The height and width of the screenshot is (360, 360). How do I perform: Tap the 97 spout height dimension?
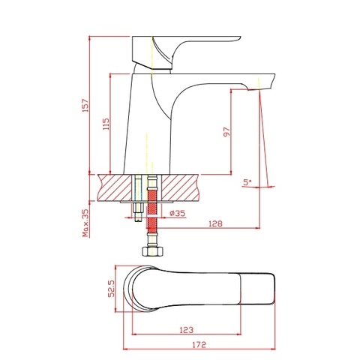[x=225, y=133]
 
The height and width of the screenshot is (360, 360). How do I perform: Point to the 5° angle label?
[x=247, y=182]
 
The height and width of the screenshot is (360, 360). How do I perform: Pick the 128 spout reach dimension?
[x=215, y=222]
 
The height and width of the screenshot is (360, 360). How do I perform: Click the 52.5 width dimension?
[x=112, y=287]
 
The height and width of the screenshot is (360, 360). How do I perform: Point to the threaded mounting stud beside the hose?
[x=139, y=202]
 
